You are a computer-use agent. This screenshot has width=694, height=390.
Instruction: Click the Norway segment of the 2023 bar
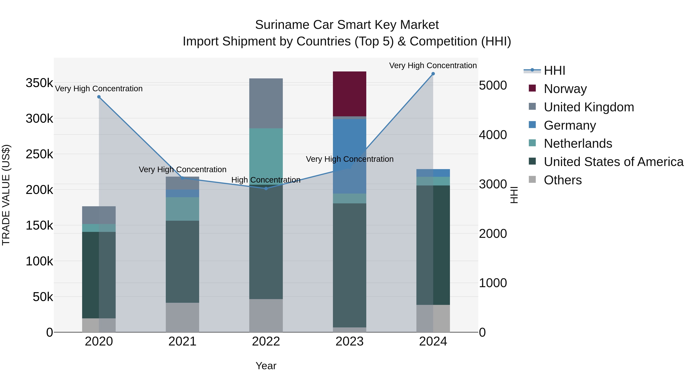(x=350, y=94)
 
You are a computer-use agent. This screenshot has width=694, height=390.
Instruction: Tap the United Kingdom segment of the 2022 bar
(x=266, y=103)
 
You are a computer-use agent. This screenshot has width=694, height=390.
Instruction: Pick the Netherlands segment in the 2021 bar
(x=182, y=209)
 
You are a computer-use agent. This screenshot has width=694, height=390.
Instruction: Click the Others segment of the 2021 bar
(x=182, y=317)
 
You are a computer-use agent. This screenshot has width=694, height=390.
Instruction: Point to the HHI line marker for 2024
(x=433, y=74)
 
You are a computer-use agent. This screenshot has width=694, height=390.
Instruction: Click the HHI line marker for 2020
(x=99, y=97)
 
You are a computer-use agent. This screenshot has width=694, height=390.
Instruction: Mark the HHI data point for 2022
(x=266, y=188)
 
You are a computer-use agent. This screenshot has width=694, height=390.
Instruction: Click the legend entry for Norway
(x=565, y=89)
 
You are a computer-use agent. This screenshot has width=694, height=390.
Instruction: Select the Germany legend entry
(x=569, y=125)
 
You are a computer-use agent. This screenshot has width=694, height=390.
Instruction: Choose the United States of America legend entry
(x=613, y=162)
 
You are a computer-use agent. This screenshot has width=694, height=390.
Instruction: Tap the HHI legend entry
(x=554, y=70)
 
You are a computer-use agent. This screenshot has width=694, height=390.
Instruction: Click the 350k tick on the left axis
(x=39, y=83)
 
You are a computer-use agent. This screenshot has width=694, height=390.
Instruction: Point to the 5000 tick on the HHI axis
(x=493, y=85)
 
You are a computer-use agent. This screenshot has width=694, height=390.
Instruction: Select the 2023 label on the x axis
(x=350, y=341)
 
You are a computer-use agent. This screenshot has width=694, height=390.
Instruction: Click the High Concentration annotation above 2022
(x=266, y=180)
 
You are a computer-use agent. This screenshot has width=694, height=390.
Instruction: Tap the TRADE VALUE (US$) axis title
(x=6, y=195)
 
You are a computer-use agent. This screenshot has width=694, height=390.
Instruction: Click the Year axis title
(x=266, y=366)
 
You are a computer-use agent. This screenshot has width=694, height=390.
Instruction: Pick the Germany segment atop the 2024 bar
(x=433, y=173)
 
